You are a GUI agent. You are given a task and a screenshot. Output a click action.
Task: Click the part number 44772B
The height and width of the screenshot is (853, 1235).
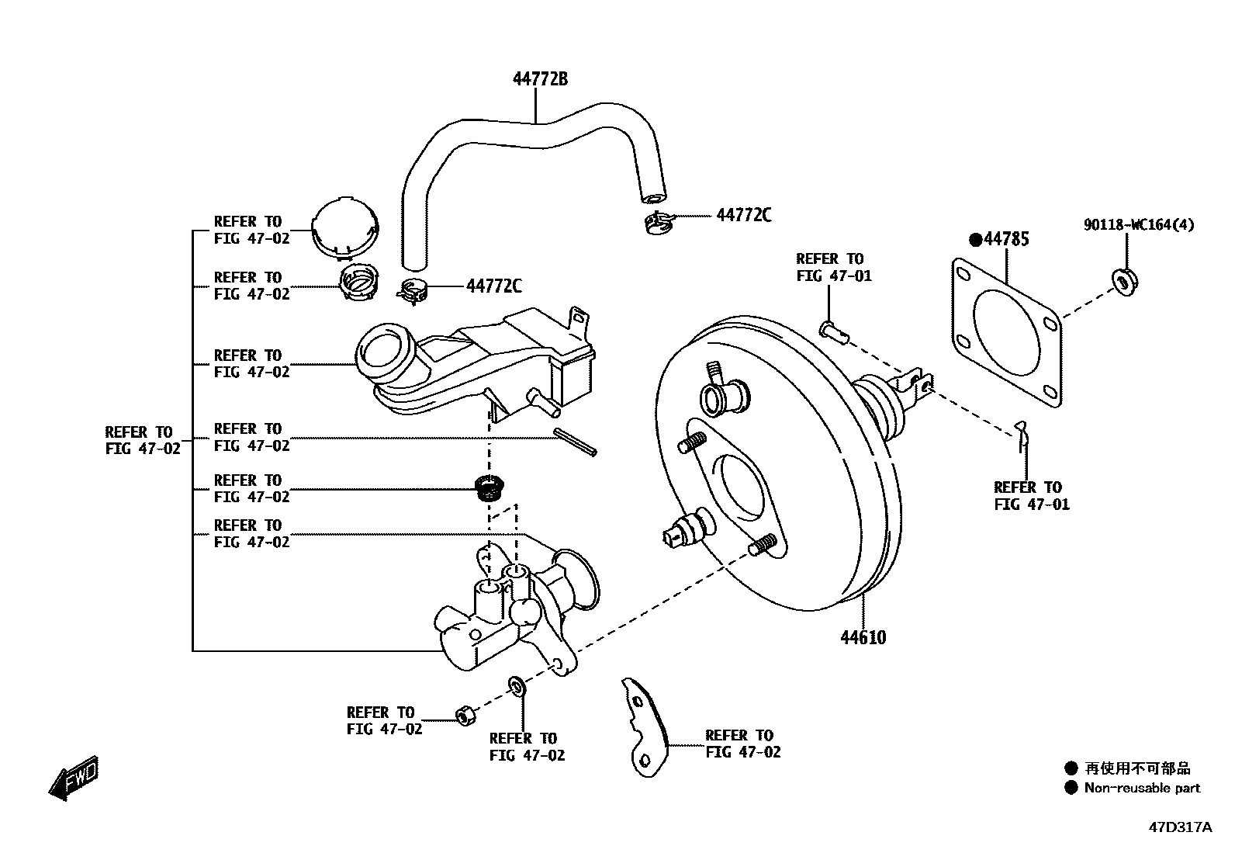click(x=540, y=78)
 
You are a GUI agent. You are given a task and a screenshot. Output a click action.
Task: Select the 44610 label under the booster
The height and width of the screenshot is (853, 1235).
click(x=863, y=638)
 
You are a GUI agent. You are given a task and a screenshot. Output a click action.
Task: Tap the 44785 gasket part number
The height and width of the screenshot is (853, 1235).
click(x=1006, y=239)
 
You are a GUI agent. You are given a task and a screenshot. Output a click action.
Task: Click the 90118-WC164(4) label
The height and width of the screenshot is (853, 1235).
click(x=1139, y=225)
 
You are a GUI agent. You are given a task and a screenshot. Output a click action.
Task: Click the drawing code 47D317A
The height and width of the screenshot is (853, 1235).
click(x=1179, y=827)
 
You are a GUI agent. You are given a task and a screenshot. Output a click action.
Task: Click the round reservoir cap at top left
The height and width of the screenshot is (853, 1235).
click(x=345, y=226)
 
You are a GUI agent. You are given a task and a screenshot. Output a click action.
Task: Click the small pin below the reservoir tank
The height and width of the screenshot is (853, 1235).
click(x=575, y=442)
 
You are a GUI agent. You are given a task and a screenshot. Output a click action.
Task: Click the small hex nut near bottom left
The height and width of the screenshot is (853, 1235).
click(x=464, y=714)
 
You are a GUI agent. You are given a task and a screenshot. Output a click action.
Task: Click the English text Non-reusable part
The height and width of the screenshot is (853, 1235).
click(x=1141, y=789)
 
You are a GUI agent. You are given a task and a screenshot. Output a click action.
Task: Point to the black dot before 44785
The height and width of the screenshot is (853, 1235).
click(x=975, y=239)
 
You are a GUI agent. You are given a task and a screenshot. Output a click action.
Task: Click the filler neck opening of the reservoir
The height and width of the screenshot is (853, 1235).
click(x=386, y=354)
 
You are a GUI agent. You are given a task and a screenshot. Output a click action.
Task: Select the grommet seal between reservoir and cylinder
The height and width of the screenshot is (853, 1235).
click(x=490, y=487)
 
